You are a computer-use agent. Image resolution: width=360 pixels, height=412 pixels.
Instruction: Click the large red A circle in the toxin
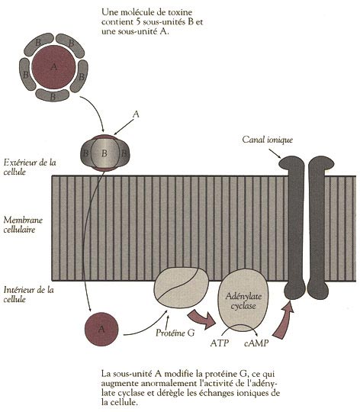tap(53, 66)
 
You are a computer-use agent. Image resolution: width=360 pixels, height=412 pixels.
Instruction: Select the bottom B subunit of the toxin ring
tap(53, 95)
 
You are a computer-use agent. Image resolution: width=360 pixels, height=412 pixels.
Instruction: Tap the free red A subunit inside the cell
tap(101, 329)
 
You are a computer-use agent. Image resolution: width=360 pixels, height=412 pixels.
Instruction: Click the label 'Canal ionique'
tap(267, 140)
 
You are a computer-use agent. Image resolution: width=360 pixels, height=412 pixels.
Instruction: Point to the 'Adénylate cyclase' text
tap(243, 301)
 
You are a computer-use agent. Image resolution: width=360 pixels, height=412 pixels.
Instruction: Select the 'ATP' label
tap(220, 343)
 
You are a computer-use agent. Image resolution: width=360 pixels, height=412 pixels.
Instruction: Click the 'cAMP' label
tap(256, 343)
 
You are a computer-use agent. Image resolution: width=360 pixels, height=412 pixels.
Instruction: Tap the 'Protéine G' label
tap(175, 333)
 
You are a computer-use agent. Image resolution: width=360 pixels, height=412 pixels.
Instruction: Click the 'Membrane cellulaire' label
tap(23, 224)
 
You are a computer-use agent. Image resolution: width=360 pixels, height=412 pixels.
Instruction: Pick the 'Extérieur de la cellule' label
tap(30, 167)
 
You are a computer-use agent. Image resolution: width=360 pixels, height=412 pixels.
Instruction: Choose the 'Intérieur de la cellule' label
tap(29, 295)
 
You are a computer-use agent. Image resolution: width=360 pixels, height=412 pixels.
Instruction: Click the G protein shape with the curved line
tap(181, 288)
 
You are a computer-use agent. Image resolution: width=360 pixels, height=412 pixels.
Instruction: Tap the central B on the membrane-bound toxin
tap(104, 153)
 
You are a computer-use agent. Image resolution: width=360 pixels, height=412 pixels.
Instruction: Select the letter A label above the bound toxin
tap(136, 114)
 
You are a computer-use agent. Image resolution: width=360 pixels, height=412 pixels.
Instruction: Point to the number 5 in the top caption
tap(139, 22)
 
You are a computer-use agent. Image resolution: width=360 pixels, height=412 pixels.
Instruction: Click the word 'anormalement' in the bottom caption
tap(169, 383)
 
